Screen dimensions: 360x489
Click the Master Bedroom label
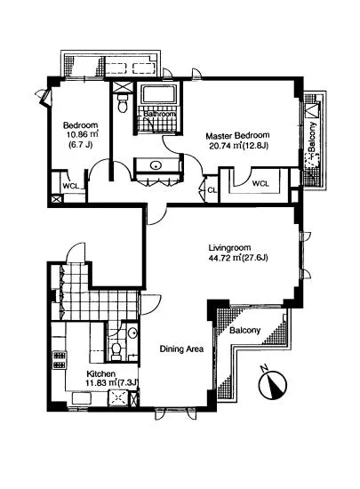point(237,136)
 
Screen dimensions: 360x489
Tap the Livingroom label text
point(229,248)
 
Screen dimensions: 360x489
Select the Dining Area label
point(181,349)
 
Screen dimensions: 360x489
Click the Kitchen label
point(100,373)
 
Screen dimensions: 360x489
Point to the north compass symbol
point(273,383)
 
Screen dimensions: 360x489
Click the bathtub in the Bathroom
point(158,94)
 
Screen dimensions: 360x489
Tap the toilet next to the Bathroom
point(122,102)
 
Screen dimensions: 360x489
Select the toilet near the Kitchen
point(116,351)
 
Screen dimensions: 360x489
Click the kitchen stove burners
point(60,360)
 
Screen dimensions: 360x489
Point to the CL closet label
point(212,190)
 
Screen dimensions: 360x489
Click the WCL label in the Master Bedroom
point(260,183)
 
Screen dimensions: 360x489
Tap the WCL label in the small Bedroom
point(71,186)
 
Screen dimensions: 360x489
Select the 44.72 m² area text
point(221,258)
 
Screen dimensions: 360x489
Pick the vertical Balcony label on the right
point(312,138)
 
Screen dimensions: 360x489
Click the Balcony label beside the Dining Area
point(244,330)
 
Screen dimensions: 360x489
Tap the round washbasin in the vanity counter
point(156,165)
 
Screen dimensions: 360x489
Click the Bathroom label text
point(159,114)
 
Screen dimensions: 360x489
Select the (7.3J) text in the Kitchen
point(128,382)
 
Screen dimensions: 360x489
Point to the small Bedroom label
point(80,125)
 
